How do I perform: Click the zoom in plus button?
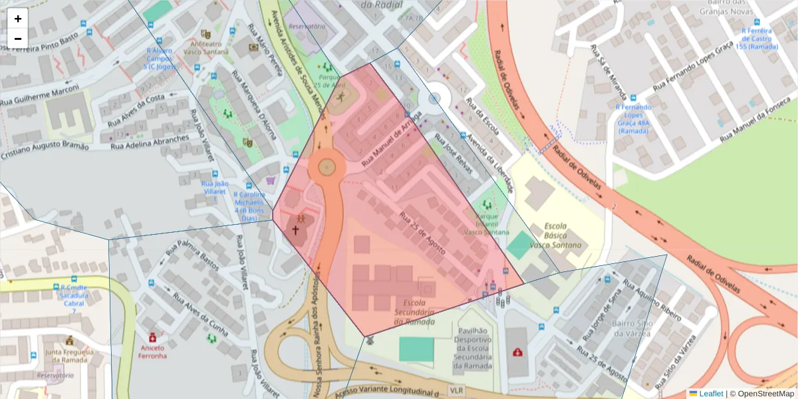[x=18, y=19]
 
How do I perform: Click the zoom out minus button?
[x=18, y=39]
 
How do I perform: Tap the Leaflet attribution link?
[x=711, y=394]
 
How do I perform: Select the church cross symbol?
[x=295, y=229]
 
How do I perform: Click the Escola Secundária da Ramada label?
[x=415, y=312]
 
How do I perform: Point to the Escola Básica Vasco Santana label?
[x=555, y=235]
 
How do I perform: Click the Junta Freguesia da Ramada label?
[x=68, y=356]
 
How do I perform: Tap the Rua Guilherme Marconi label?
[x=40, y=96]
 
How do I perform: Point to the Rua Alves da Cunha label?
[x=199, y=314]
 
